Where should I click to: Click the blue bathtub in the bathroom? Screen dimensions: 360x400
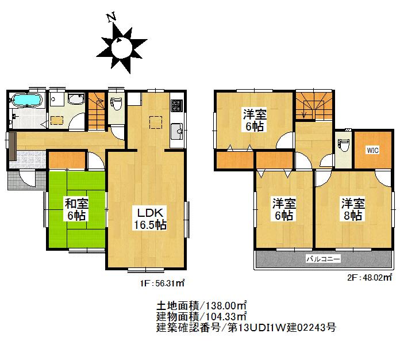[26, 101]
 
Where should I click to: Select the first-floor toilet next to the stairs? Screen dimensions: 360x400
[116, 104]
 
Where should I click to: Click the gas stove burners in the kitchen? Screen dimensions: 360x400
[176, 105]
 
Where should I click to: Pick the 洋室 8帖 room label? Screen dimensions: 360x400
[352, 209]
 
